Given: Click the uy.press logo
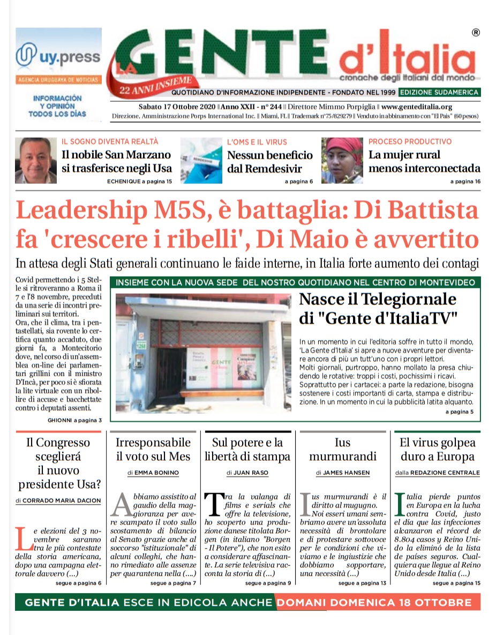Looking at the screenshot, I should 58,56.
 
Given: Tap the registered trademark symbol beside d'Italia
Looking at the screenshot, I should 475,33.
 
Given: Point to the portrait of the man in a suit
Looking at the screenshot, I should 36,160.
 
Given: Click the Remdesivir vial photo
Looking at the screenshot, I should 201,160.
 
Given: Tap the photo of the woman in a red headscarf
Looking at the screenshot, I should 342,160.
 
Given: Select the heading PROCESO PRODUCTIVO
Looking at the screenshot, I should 410,141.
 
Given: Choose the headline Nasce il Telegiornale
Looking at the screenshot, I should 378,299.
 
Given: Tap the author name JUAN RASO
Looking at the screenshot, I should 252,473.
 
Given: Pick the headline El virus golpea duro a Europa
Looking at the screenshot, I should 437,450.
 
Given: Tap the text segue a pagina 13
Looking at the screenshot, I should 362,583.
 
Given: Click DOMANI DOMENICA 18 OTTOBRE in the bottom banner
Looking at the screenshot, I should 374,602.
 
